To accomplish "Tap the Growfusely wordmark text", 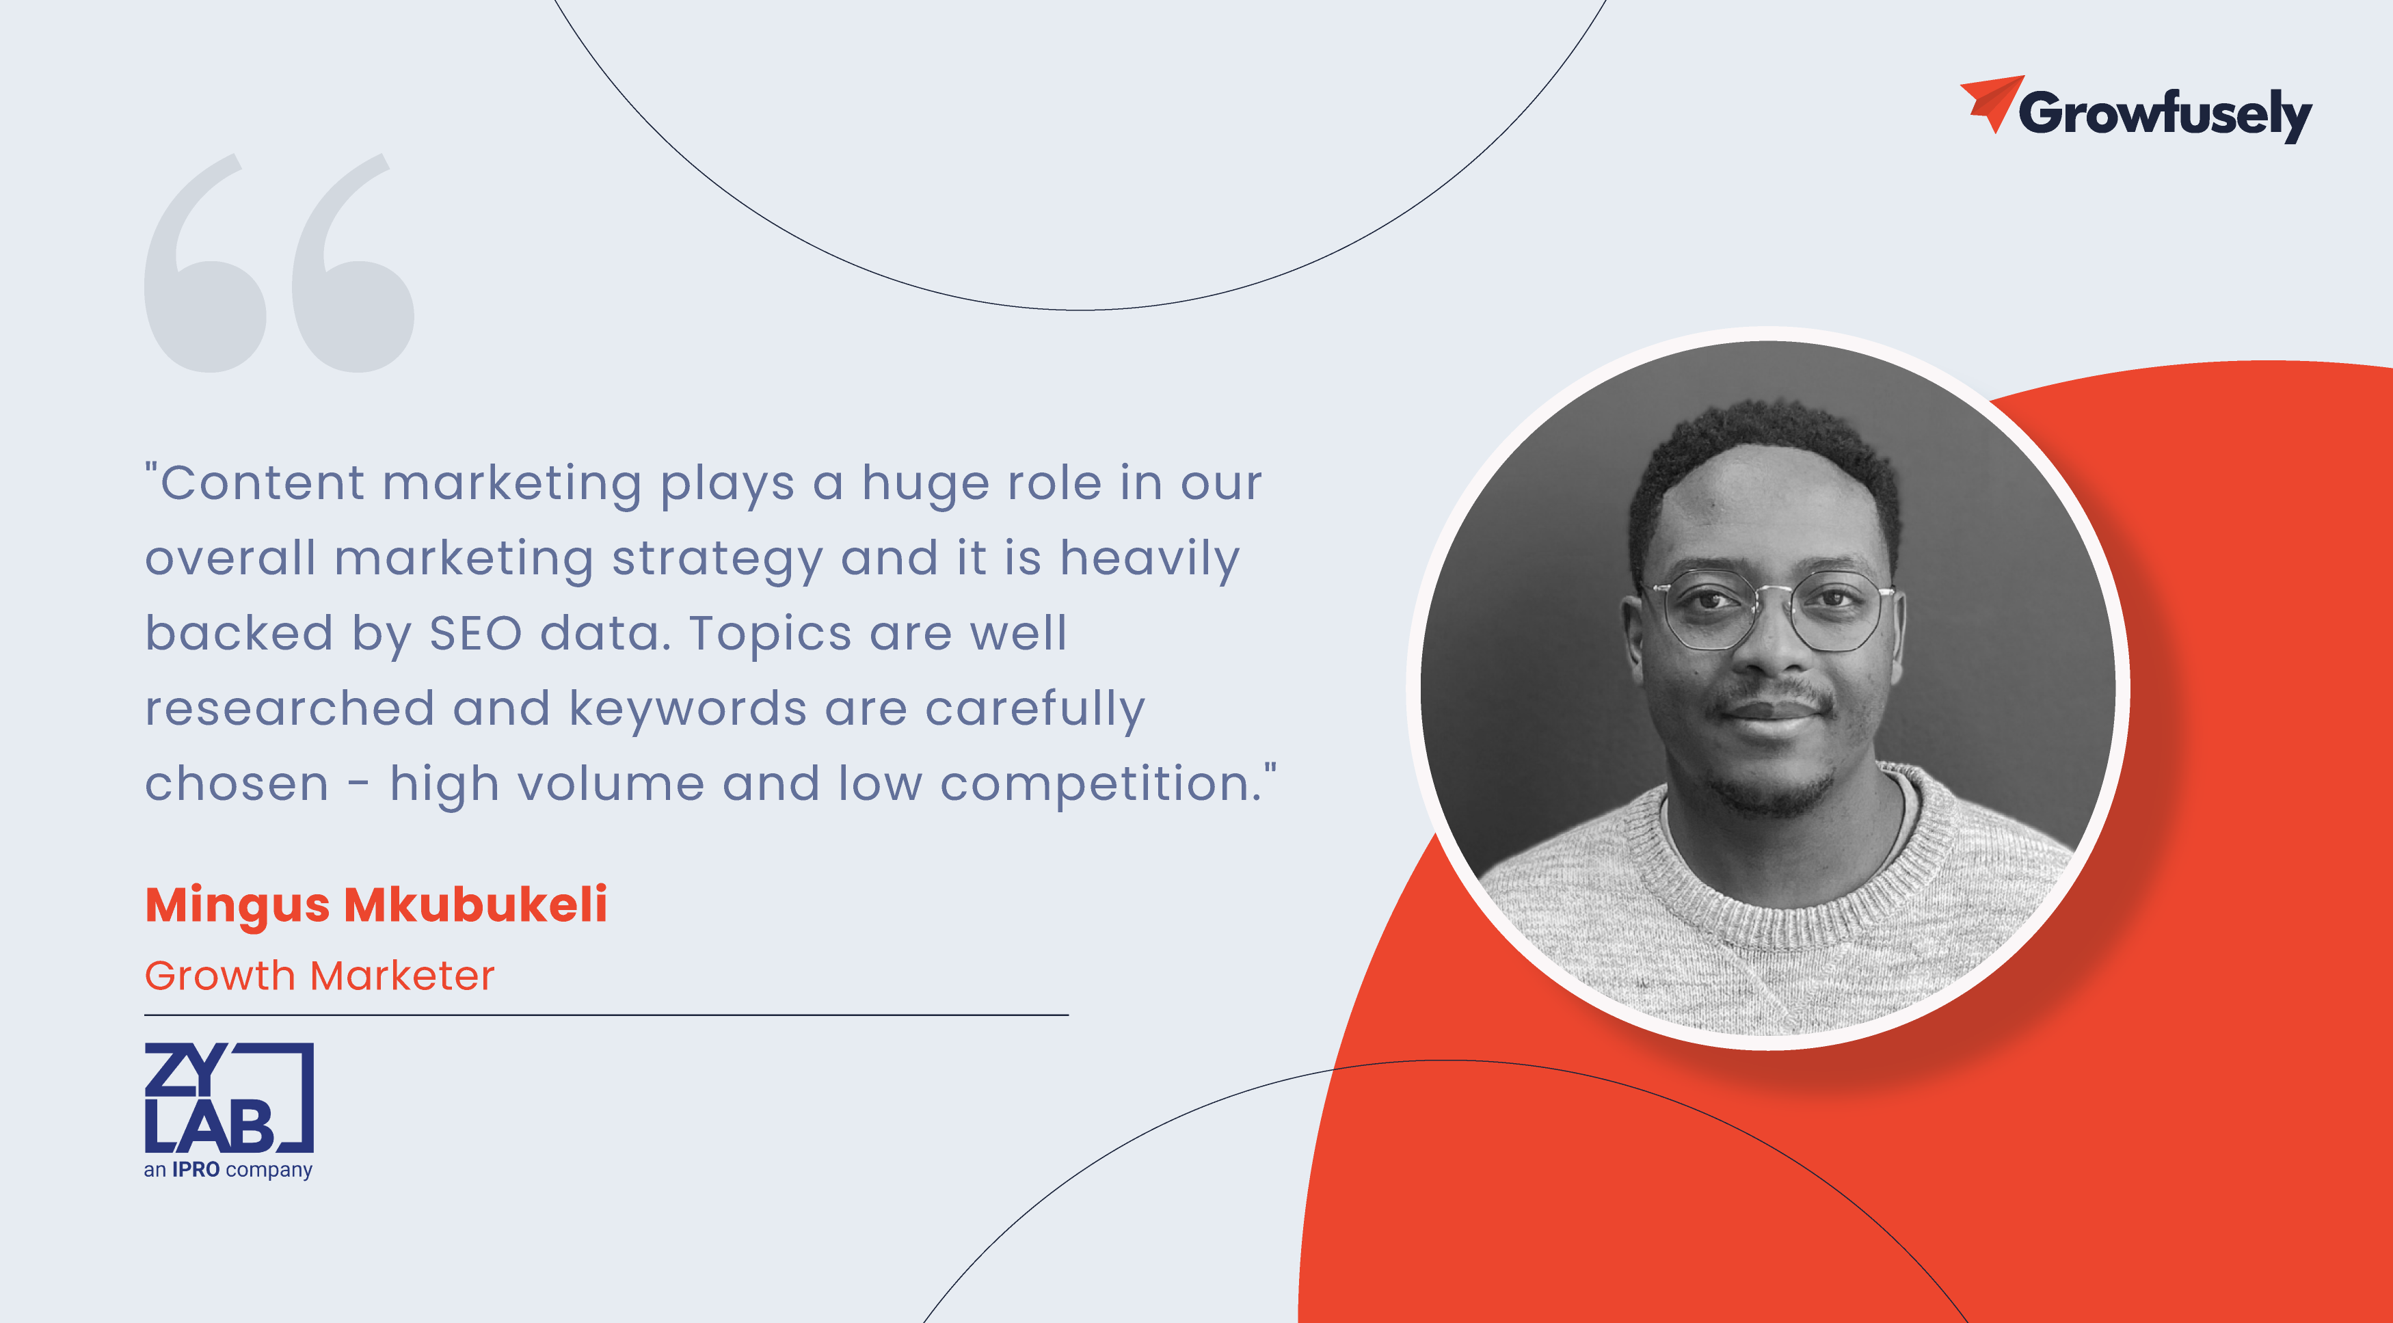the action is (x=2165, y=115).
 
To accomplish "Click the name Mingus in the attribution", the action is (x=237, y=906).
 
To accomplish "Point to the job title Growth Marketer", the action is (x=319, y=976).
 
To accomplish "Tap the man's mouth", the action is (x=1769, y=712).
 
